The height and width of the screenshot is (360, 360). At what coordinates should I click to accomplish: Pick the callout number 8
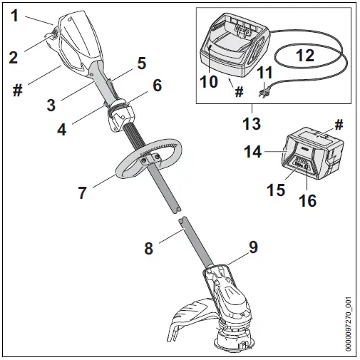148,249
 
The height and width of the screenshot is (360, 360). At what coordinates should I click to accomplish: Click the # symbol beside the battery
339,124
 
